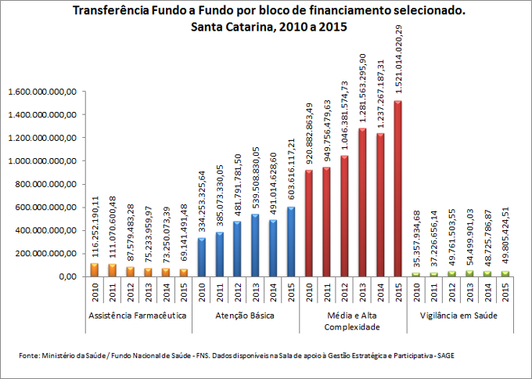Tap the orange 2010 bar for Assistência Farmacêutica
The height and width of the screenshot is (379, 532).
click(x=94, y=269)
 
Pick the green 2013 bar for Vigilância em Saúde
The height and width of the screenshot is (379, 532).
click(x=469, y=273)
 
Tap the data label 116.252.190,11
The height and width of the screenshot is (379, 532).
click(x=94, y=227)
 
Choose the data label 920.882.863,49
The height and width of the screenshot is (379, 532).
click(x=308, y=134)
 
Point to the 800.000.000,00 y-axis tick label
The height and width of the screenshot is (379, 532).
click(x=44, y=184)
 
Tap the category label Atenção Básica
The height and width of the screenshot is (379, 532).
click(x=246, y=315)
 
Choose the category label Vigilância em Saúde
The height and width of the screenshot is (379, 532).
click(x=459, y=315)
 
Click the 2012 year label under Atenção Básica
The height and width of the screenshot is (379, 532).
click(x=237, y=294)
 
